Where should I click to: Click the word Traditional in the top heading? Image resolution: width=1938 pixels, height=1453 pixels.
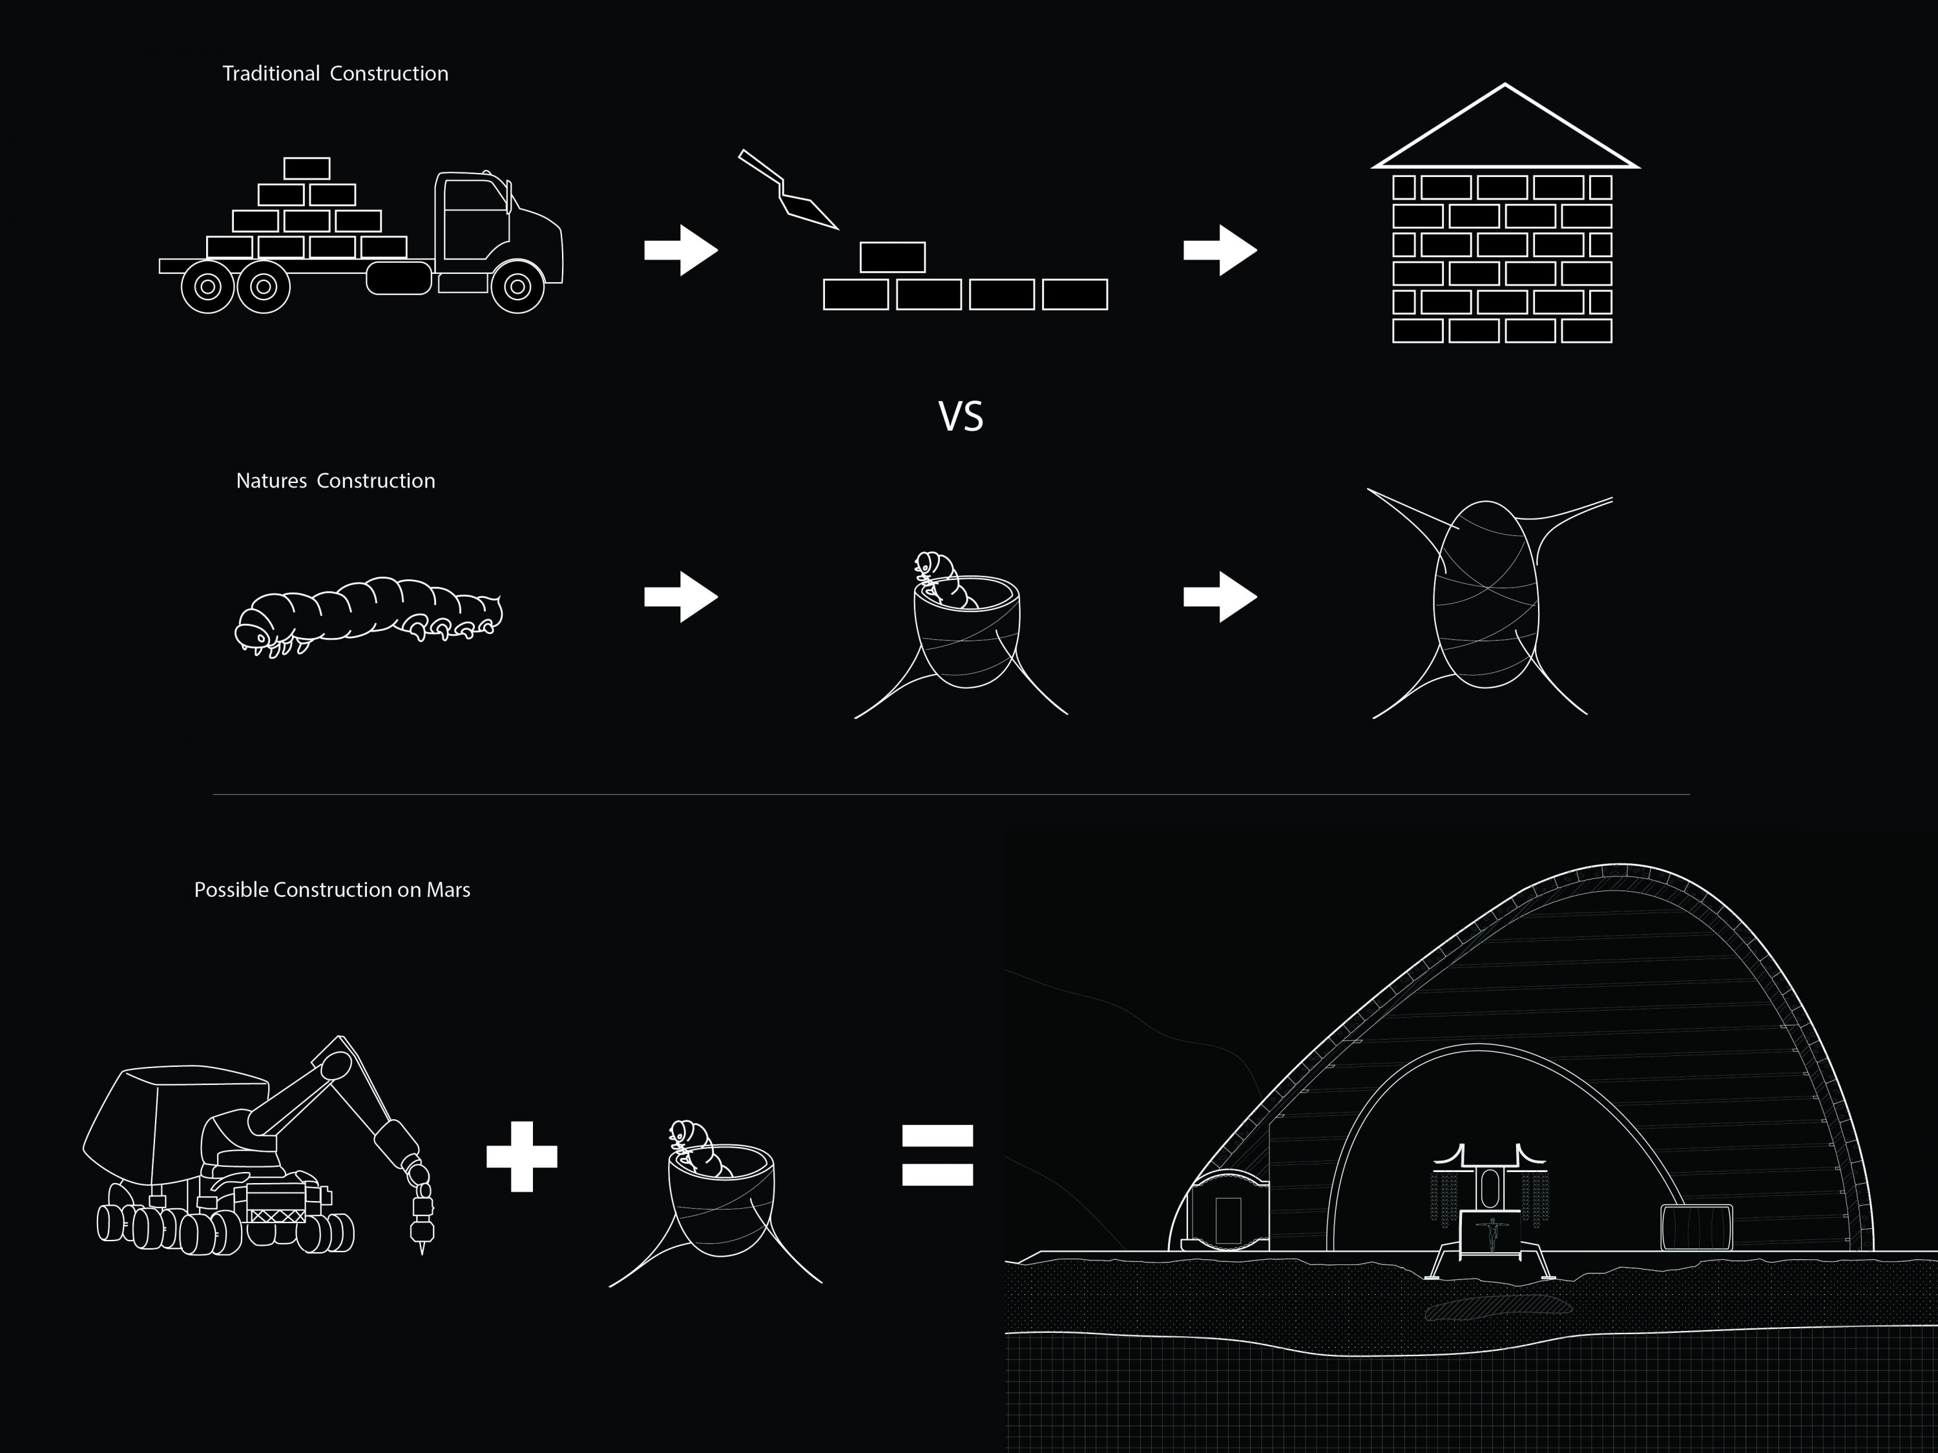[x=271, y=74]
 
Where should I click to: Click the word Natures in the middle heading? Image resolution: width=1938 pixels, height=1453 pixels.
[x=271, y=481]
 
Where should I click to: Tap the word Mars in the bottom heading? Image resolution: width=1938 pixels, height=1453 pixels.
[x=448, y=890]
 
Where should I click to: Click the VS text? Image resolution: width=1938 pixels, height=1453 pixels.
[x=961, y=417]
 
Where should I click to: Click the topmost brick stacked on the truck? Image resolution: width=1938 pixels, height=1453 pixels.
[x=307, y=168]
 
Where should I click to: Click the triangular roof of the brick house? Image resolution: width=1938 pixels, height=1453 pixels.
[x=1505, y=127]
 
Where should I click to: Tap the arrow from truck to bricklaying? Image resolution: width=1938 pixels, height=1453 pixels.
[x=681, y=251]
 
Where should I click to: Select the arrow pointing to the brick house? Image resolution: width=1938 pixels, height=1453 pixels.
[x=1220, y=251]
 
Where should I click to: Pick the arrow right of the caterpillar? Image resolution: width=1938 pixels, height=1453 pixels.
[x=681, y=597]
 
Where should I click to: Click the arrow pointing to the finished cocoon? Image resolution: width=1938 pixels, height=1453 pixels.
[x=1220, y=597]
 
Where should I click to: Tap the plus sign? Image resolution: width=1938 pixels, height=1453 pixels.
[x=522, y=1156]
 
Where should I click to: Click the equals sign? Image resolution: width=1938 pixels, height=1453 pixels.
[x=937, y=1155]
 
